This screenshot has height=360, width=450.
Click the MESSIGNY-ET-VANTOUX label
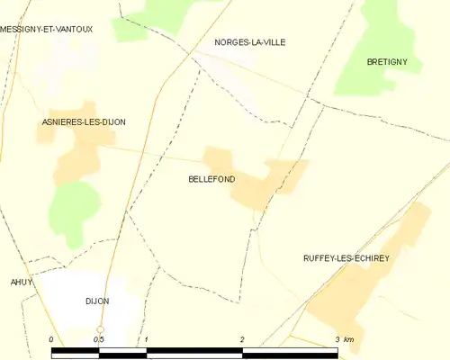click(x=46, y=29)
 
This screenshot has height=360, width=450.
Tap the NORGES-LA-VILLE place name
click(x=250, y=42)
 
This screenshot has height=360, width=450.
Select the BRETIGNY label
click(x=388, y=61)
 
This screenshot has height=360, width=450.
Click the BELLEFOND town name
click(x=211, y=179)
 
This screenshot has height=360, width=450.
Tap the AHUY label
click(x=21, y=282)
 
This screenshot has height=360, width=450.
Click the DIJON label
click(x=96, y=301)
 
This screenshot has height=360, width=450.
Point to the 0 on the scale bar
click(x=51, y=339)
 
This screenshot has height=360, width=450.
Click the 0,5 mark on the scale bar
click(x=98, y=339)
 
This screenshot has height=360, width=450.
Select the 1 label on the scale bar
click(x=146, y=339)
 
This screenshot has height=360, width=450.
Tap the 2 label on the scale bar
click(x=241, y=339)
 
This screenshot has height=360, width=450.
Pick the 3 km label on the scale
click(x=344, y=339)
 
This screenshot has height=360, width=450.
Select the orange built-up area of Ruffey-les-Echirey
click(x=360, y=288)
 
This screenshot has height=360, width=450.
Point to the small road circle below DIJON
click(x=100, y=329)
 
